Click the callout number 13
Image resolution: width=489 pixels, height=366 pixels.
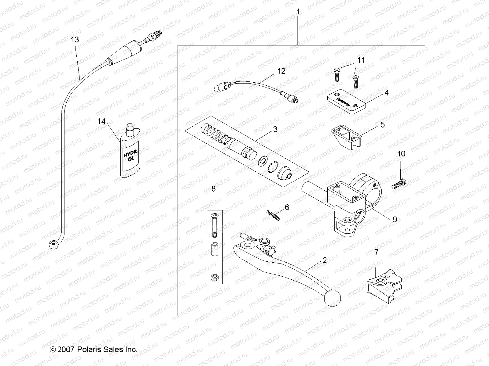(x=75, y=40)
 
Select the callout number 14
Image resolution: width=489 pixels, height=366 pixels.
(x=101, y=121)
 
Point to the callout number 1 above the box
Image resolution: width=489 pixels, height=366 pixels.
(x=298, y=12)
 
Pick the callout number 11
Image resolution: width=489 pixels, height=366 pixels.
(x=361, y=60)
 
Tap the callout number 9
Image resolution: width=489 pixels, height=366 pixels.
(x=395, y=219)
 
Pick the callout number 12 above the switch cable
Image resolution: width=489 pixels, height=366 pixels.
(x=281, y=71)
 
